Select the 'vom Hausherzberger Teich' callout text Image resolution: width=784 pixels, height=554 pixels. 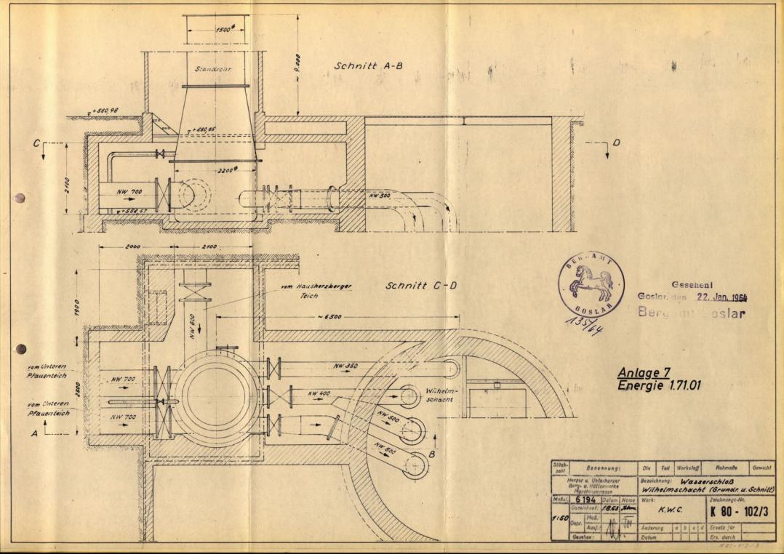(317, 292)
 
